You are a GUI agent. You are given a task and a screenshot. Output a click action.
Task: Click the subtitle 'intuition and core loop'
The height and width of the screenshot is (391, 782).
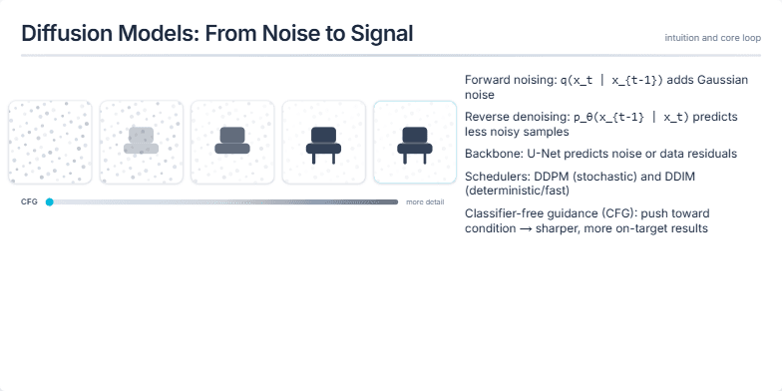[x=712, y=38]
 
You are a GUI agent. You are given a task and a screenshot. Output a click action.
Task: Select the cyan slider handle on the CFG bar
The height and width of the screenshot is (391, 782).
[x=49, y=201]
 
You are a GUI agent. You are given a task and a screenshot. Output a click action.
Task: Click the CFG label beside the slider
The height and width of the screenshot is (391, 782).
[x=29, y=201]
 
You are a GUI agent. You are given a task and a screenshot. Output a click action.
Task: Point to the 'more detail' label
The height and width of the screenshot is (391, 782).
[x=425, y=201]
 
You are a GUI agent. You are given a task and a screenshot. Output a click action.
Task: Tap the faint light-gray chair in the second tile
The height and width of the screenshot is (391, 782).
[x=141, y=142]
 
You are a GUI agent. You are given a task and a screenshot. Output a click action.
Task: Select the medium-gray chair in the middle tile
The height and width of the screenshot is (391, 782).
[x=231, y=142]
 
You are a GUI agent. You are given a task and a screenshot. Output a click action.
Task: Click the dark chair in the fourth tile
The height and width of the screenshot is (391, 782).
[x=323, y=144]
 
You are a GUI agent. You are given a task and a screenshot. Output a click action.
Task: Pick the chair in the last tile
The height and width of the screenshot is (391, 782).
[x=414, y=144]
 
